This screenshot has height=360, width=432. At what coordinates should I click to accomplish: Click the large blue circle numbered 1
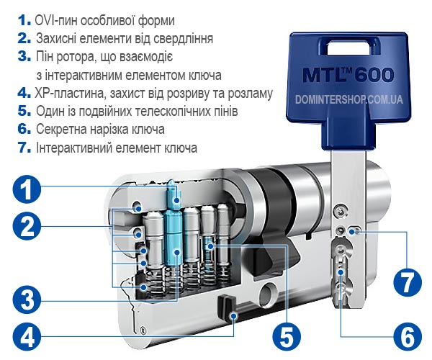27,189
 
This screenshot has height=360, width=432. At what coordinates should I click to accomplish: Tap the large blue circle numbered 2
27,226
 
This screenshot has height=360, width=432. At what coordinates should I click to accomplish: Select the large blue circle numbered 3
27,299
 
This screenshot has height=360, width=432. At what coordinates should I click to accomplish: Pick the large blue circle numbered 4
27,336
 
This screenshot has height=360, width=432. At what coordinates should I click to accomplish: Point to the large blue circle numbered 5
287,336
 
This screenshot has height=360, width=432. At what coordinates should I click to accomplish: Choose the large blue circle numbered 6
408,336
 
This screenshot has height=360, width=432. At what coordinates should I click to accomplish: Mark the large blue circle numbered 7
408,282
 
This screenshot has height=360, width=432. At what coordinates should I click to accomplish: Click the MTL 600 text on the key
348,75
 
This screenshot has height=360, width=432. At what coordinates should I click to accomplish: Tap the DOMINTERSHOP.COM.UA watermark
348,99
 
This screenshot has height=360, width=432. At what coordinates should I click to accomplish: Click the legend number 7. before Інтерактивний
24,148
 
